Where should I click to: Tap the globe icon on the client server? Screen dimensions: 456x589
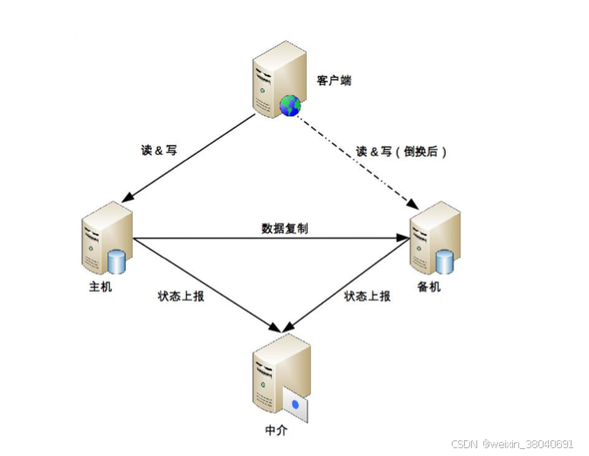click(x=289, y=107)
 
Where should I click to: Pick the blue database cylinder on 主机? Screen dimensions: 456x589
click(x=116, y=261)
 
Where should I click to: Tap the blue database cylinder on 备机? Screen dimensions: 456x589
click(x=445, y=260)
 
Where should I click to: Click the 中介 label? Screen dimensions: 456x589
click(x=275, y=430)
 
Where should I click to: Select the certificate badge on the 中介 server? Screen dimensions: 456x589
click(x=297, y=404)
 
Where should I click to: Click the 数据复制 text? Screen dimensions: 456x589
click(x=284, y=228)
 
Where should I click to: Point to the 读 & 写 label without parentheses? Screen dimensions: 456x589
click(x=158, y=150)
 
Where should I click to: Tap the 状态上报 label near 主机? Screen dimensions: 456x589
click(x=181, y=297)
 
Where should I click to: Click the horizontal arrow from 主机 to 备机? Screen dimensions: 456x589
click(x=271, y=238)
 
